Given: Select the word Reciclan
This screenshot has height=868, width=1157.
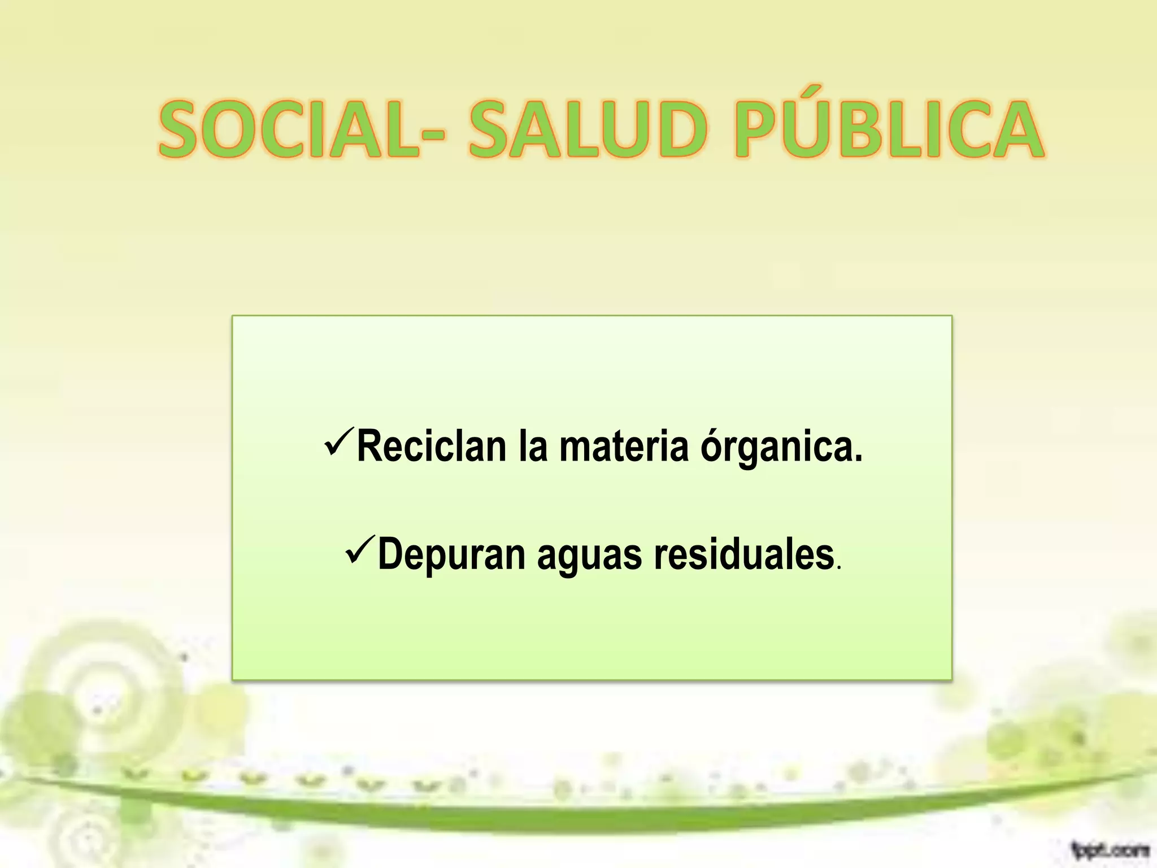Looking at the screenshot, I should (432, 446).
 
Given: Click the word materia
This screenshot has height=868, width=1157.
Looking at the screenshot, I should (624, 446).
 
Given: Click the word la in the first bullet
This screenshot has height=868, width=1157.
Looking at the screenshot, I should (533, 446).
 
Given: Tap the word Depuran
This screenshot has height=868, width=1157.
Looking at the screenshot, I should (452, 555).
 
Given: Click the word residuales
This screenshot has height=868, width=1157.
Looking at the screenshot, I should (744, 555).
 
